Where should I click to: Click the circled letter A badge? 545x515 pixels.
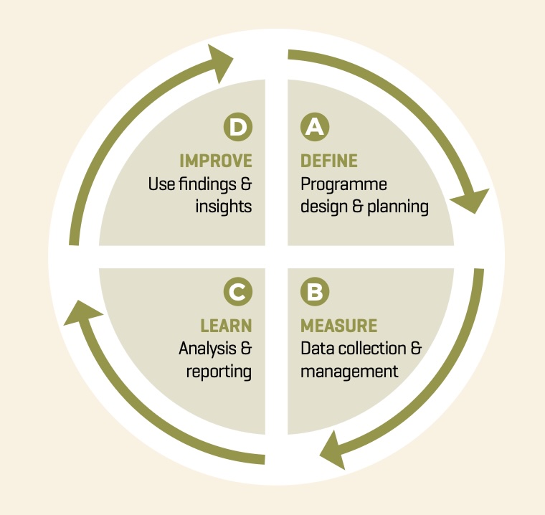[315, 127]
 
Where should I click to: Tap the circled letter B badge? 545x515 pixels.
[315, 292]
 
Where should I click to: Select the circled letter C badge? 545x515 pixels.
[238, 292]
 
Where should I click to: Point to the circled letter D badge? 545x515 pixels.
[238, 127]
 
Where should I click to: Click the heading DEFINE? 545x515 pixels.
[329, 161]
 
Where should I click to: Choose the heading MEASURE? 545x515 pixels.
[339, 326]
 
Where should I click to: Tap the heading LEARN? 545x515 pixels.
[226, 326]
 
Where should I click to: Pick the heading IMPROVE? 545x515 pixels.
[216, 161]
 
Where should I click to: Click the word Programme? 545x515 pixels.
[343, 184]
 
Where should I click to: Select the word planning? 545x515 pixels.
[398, 207]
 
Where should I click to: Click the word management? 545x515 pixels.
[349, 372]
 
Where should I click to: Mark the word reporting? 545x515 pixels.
[219, 372]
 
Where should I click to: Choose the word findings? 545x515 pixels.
[207, 184]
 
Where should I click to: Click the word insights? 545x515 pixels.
[224, 207]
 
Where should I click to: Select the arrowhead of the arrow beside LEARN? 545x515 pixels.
[82, 313]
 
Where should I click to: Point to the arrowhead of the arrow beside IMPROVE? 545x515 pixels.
[219, 62]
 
